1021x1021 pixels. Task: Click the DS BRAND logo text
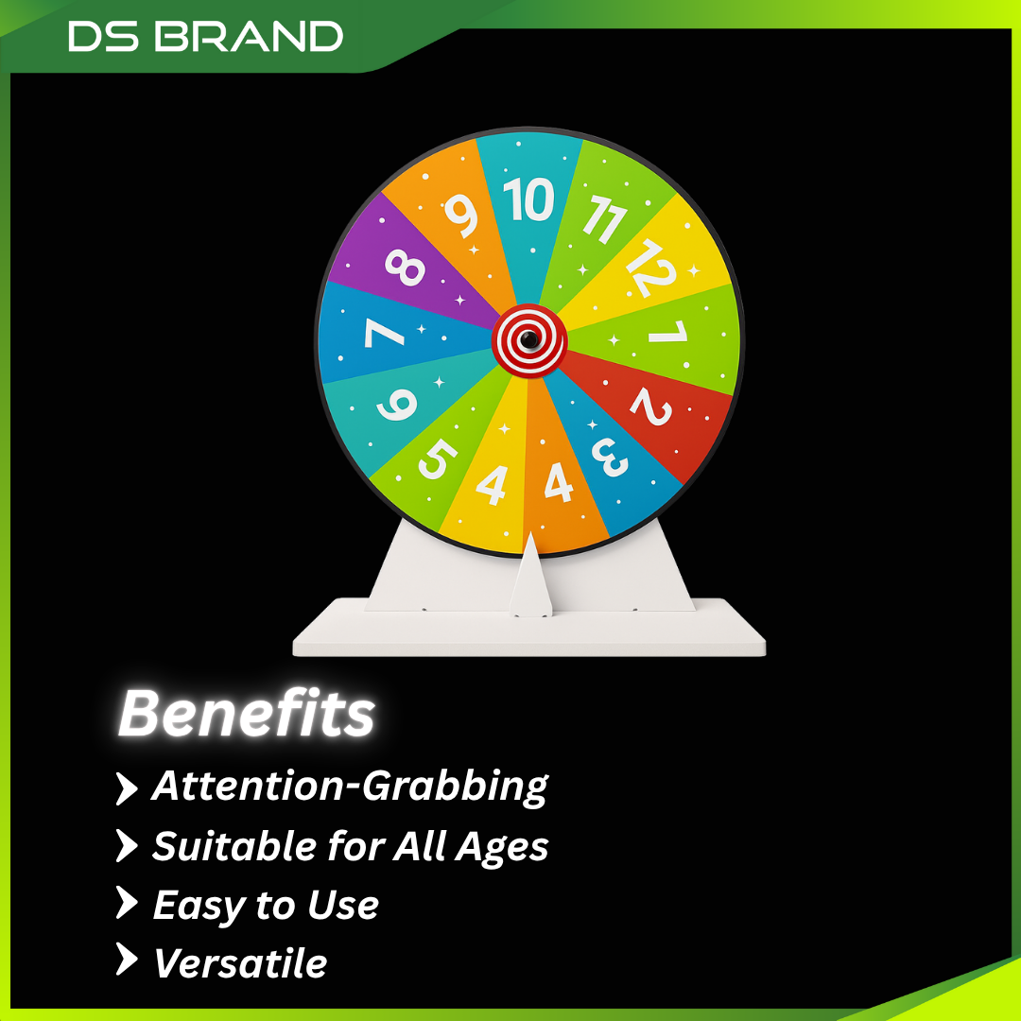click(x=205, y=37)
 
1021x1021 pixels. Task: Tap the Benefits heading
click(x=247, y=713)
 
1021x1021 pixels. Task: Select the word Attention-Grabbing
click(x=350, y=787)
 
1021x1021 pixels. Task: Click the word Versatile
click(x=240, y=963)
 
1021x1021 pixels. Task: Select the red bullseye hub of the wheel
click(x=529, y=339)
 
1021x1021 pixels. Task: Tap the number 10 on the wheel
click(x=528, y=199)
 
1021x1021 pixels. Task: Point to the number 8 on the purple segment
click(x=406, y=267)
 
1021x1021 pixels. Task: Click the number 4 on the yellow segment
click(x=492, y=483)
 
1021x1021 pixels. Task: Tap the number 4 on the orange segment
click(x=559, y=482)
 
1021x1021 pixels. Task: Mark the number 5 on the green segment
click(x=437, y=460)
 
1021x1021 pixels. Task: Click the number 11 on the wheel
click(x=602, y=221)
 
